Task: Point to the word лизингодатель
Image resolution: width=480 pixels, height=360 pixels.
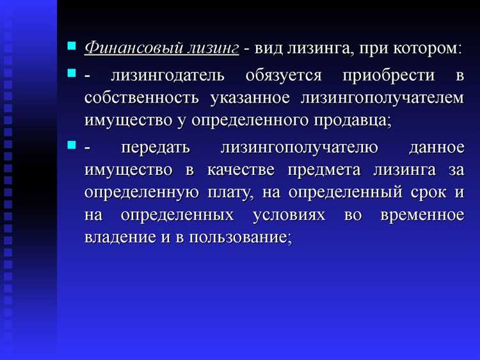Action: (x=168, y=76)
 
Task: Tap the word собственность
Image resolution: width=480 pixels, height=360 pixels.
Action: (x=140, y=98)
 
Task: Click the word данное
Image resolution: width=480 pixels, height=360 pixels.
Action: (x=436, y=149)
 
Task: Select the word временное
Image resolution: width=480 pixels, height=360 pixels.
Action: (x=422, y=214)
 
